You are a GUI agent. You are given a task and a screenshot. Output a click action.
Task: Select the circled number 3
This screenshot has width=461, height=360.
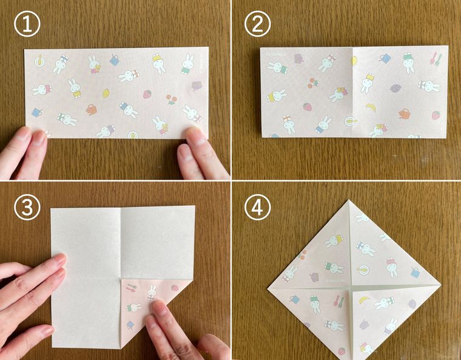(x=27, y=207)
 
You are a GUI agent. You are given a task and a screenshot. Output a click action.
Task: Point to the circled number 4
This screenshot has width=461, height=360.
(x=257, y=207)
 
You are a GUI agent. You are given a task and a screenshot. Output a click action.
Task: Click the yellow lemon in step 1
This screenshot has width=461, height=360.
(x=106, y=93)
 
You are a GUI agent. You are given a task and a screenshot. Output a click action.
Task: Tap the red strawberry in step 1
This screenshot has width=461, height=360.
(x=147, y=94)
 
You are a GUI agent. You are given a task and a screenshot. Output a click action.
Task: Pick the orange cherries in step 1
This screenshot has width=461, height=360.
(x=171, y=99)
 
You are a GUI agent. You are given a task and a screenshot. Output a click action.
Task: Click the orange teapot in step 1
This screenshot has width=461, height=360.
(x=91, y=109)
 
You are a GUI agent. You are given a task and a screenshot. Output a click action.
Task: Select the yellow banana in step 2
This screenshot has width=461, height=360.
(x=371, y=107)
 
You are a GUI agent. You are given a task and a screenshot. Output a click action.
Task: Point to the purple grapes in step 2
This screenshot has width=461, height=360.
(x=395, y=88)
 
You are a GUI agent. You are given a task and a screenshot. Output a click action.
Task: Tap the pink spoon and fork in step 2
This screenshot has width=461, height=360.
(x=436, y=59)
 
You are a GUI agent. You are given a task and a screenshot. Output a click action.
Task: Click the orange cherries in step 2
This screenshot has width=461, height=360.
(x=313, y=83)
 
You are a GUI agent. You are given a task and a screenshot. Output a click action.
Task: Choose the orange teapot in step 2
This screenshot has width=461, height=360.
(x=404, y=114)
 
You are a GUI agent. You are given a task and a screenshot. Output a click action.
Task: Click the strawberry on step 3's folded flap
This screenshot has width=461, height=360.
(x=175, y=287)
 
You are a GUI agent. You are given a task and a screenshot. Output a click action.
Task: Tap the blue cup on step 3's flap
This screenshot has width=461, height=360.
(x=130, y=325)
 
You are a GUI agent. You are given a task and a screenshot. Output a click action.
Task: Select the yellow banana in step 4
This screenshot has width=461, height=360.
(x=365, y=300)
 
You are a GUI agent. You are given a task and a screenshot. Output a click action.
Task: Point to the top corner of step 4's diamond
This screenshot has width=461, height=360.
(x=349, y=200)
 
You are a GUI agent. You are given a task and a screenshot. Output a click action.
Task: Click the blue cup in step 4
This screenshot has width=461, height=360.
(x=416, y=273)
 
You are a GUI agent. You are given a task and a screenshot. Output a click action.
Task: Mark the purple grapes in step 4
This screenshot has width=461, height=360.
(x=412, y=304)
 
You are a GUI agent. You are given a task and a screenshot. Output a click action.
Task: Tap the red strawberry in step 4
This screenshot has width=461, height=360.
(x=342, y=351)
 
